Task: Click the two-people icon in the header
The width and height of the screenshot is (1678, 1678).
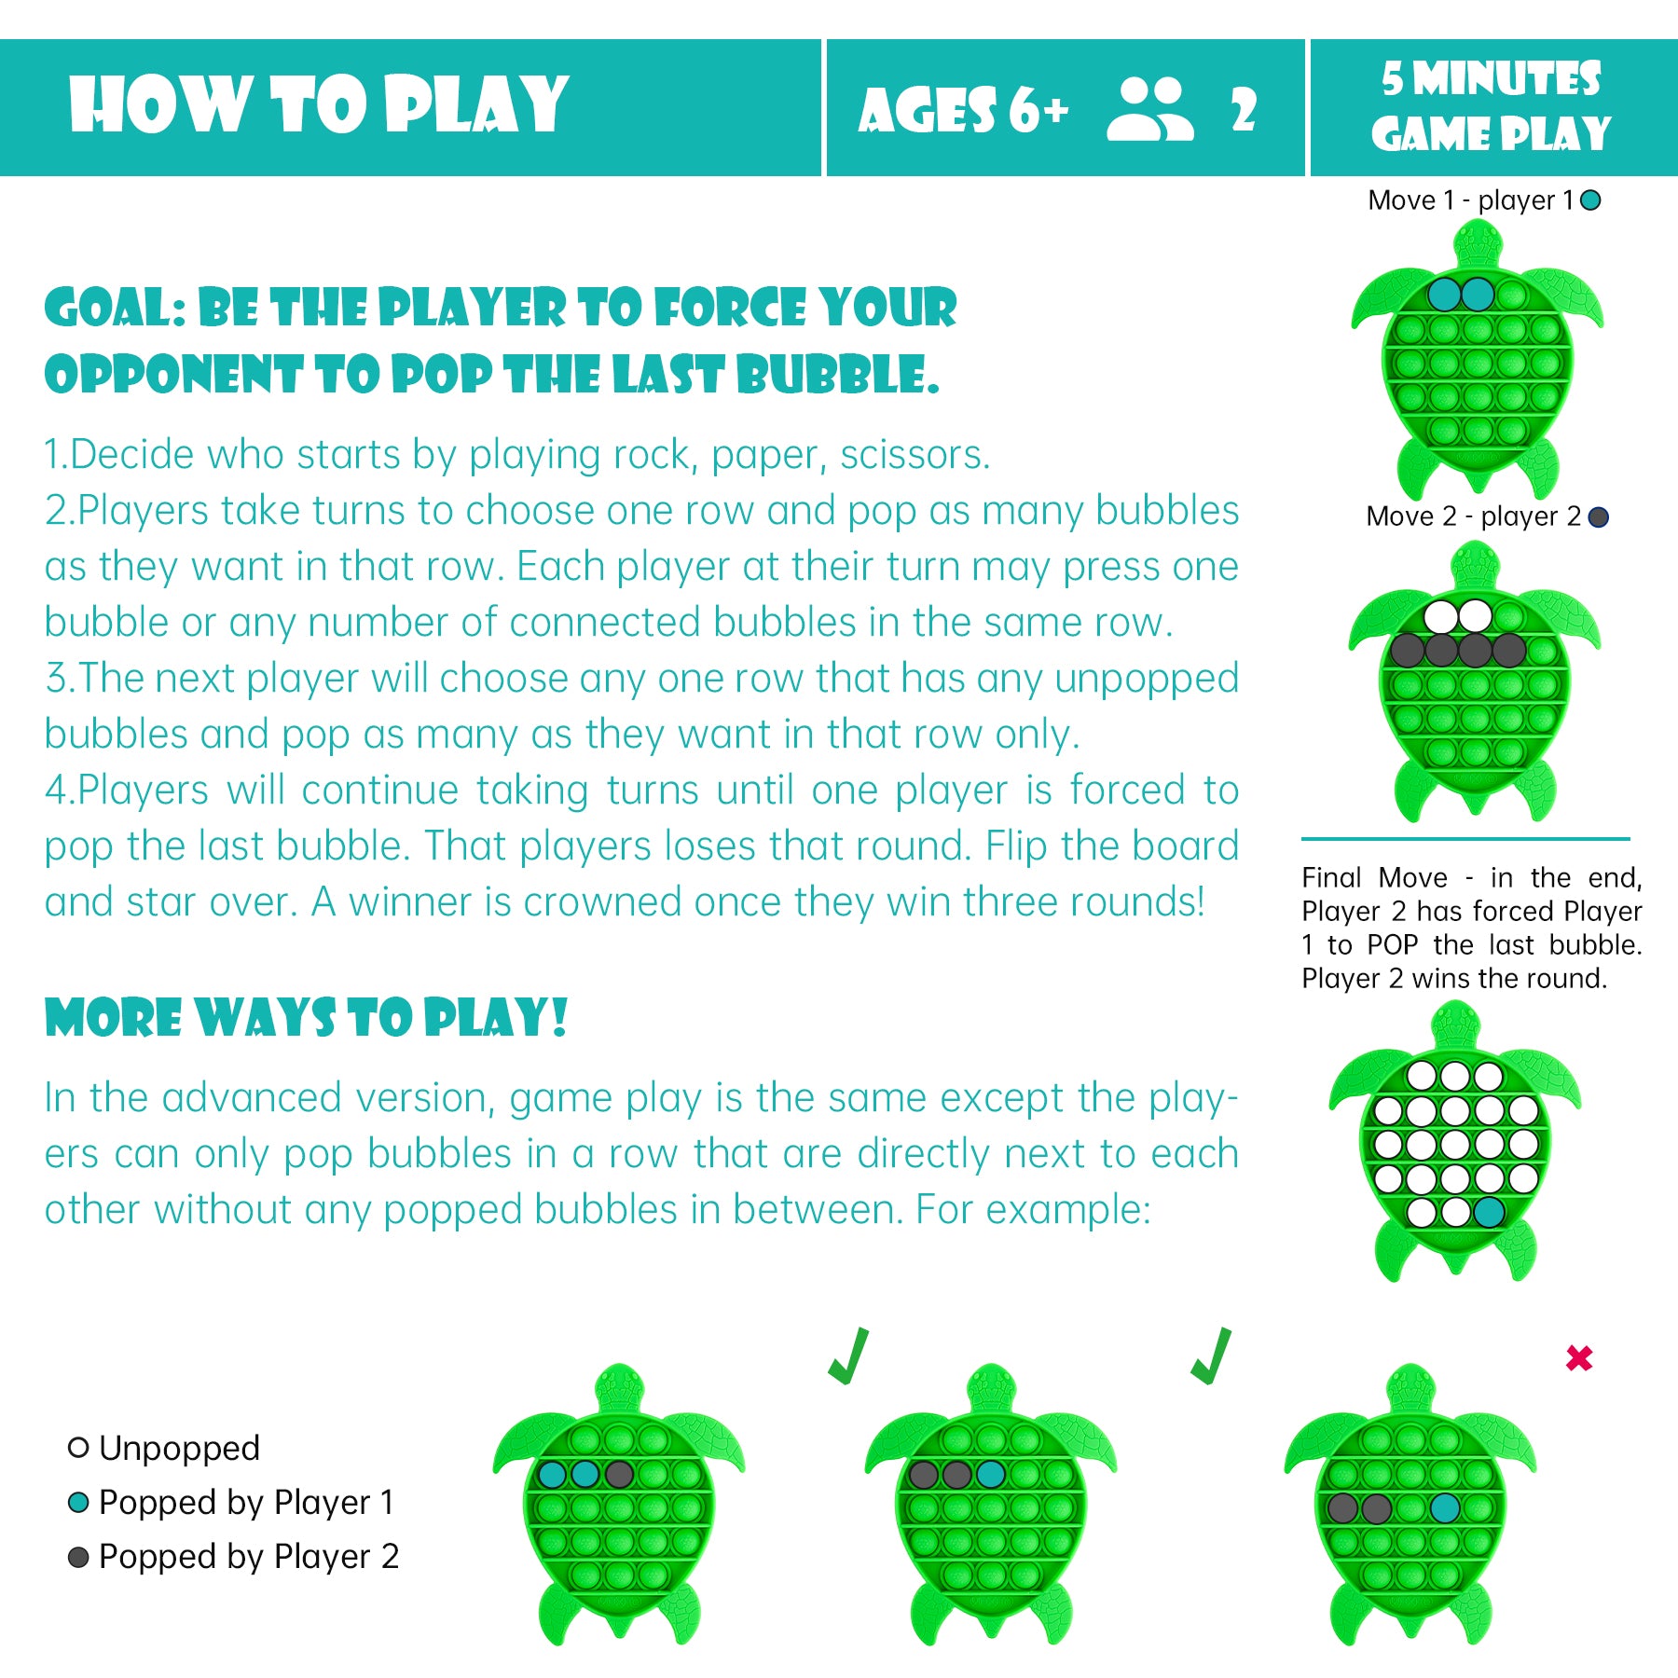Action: coord(1149,109)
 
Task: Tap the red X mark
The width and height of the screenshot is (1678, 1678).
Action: coord(1579,1357)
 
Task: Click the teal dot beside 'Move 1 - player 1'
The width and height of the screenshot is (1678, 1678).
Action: coord(1591,199)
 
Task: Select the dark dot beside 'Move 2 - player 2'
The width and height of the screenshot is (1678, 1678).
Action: coord(1598,516)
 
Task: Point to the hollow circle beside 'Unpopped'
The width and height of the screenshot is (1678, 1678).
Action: coord(78,1448)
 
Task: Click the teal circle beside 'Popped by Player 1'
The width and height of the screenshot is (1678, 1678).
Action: coord(78,1502)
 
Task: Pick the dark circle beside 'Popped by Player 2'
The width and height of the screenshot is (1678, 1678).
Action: coord(78,1557)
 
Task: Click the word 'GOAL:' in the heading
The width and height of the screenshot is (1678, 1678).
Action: coord(116,309)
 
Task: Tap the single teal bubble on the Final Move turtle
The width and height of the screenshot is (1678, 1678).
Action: coord(1489,1212)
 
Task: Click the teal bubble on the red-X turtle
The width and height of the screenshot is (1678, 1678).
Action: coord(1445,1507)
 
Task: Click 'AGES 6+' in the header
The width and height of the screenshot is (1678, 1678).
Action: coord(963,110)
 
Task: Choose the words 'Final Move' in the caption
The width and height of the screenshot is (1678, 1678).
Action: coord(1375,877)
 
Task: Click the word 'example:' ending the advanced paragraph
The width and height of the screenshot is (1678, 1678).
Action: coord(1034,1210)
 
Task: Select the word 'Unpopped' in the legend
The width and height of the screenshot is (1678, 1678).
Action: coord(179,1449)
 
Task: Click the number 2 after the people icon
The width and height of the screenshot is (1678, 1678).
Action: coord(1244,110)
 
